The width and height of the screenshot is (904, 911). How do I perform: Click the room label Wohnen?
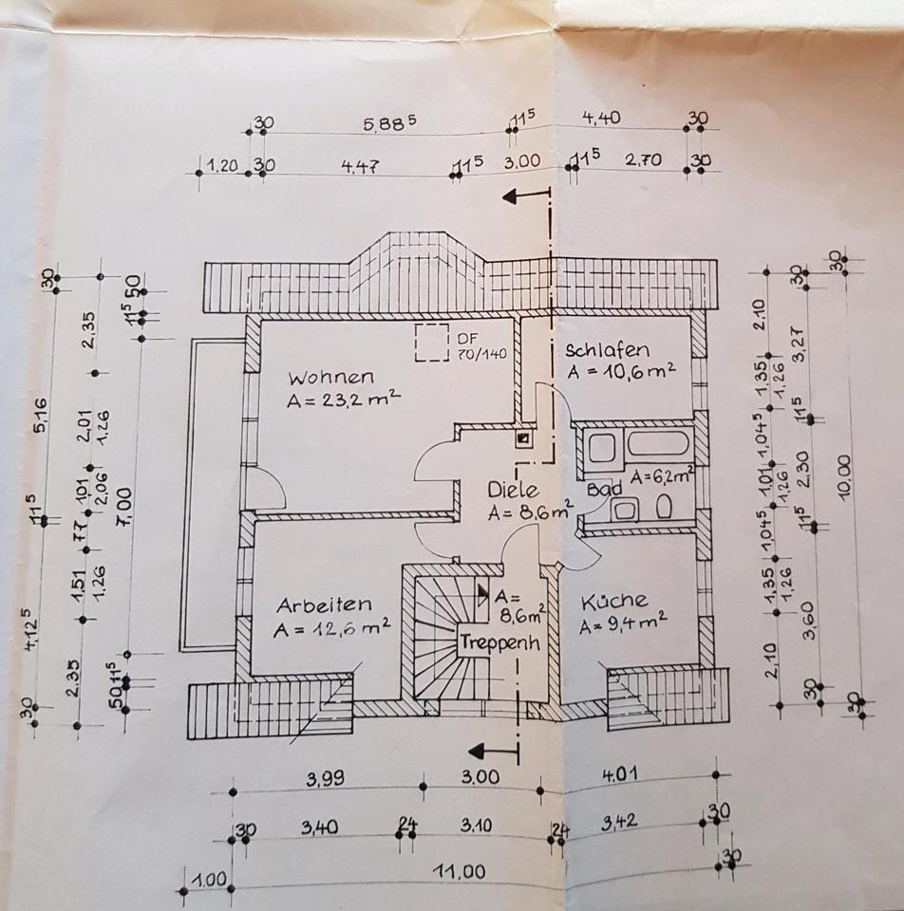(332, 376)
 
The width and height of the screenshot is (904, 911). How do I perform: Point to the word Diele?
(513, 491)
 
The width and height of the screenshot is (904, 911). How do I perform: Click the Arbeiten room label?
(324, 604)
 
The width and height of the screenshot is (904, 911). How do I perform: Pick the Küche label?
(614, 601)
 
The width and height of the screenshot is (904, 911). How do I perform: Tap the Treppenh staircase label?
(500, 641)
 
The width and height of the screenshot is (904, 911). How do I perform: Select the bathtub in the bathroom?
(654, 444)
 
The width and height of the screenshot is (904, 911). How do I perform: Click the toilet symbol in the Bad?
(664, 508)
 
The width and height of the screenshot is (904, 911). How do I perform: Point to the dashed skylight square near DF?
(432, 342)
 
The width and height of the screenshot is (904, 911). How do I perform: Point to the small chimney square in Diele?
(522, 438)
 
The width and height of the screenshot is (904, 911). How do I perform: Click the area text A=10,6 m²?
(621, 371)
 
